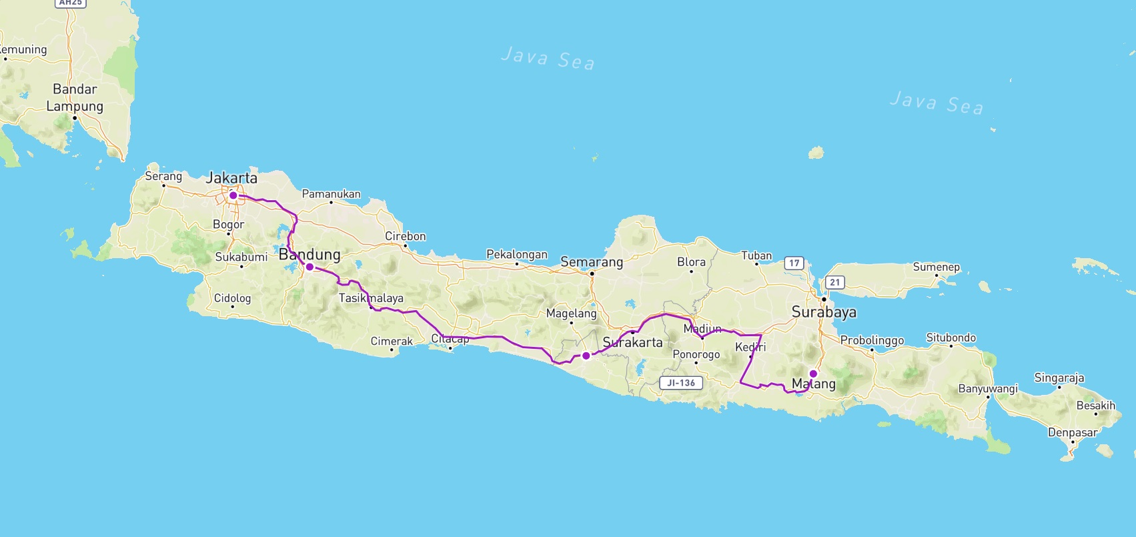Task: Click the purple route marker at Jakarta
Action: point(233,195)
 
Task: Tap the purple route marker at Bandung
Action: point(310,267)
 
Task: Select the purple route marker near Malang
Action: point(813,374)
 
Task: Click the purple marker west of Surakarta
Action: point(586,356)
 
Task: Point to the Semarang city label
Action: point(592,262)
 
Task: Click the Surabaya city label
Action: point(824,312)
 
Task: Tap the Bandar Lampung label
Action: point(75,98)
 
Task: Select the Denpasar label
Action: point(1072,432)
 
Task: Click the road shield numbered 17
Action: point(794,263)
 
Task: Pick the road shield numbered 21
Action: point(834,282)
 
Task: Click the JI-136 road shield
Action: point(681,383)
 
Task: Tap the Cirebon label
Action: point(405,236)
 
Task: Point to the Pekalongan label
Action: point(516,254)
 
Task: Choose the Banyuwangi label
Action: point(988,389)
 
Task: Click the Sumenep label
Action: point(936,267)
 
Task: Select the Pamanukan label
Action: point(331,194)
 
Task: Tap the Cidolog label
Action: point(232,298)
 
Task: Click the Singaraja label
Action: point(1059,378)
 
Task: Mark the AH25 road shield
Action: point(71,3)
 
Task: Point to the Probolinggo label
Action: point(872,340)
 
